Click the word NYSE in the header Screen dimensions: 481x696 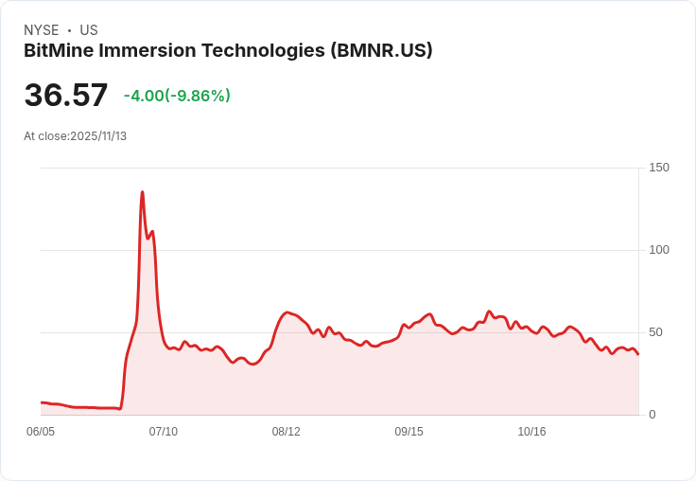pos(42,30)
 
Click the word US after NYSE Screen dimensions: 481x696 pos(89,30)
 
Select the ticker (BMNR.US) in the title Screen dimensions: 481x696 pos(381,51)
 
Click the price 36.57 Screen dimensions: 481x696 pos(66,96)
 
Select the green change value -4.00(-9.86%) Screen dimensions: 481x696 pos(177,96)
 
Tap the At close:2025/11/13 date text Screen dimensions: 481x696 pos(76,136)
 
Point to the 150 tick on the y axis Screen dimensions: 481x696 pos(658,168)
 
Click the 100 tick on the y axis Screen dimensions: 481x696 pos(658,250)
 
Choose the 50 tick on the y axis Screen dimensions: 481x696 pos(654,332)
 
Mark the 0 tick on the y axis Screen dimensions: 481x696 pos(652,415)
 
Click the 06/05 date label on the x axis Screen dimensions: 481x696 pos(41,432)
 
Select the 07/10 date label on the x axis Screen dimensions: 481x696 pos(164,432)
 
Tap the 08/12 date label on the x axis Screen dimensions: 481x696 pos(286,432)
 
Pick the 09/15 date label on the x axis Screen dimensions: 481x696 pos(409,432)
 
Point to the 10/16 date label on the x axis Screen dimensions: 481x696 pos(531,432)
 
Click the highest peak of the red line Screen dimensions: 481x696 pos(142,192)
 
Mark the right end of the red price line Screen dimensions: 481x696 pos(638,354)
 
